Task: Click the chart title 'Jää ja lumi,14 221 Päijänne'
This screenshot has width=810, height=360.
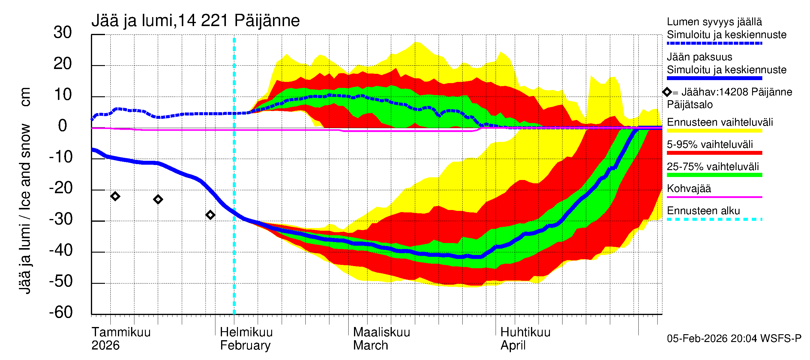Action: coord(195,21)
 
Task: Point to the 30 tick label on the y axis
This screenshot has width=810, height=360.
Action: coord(63,32)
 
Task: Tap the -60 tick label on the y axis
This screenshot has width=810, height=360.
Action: coord(61,312)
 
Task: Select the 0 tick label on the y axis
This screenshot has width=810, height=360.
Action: coord(63,126)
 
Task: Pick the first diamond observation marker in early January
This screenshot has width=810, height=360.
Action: coord(115,196)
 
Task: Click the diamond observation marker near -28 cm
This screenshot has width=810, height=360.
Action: coord(210,215)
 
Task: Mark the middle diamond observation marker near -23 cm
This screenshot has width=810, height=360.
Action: coord(158,199)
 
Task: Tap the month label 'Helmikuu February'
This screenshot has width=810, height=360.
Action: coord(246,339)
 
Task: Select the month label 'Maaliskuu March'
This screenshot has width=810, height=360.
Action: coord(381,339)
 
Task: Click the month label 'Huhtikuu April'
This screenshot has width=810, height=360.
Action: coord(525,339)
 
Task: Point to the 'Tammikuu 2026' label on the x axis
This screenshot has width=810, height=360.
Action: coord(121,339)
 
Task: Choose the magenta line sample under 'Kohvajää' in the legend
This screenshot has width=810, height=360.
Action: coord(714,197)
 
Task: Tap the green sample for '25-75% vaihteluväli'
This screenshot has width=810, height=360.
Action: coord(714,175)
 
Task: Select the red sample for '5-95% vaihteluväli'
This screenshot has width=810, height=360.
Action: coord(714,153)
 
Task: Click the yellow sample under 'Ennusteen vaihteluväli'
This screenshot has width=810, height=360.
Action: coord(714,131)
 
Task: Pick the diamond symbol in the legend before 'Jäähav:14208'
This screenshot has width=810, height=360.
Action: coord(667,92)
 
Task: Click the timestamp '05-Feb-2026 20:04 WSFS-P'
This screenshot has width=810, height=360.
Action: coord(734,339)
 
